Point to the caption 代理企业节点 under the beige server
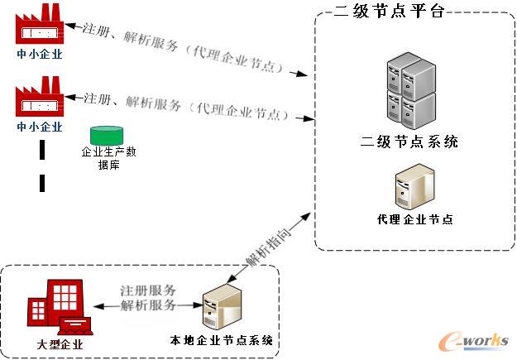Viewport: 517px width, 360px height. click(414, 220)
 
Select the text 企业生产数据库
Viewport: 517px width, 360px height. click(107, 158)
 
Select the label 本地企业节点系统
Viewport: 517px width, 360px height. click(222, 341)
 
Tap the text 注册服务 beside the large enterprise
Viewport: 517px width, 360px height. click(148, 291)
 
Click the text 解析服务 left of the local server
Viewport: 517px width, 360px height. click(148, 306)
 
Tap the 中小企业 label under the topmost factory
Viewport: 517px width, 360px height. click(40, 55)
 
